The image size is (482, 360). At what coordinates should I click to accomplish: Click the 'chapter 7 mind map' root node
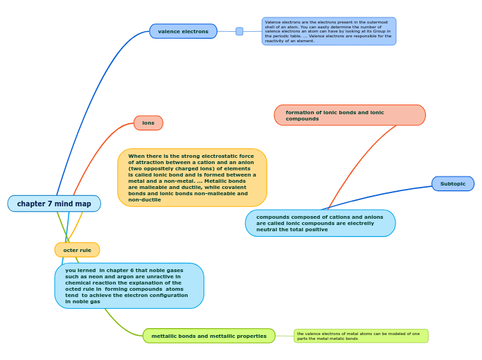[x=54, y=204]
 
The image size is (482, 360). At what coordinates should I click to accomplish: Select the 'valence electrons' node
[x=183, y=31]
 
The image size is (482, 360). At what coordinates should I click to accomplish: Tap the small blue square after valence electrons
[x=240, y=31]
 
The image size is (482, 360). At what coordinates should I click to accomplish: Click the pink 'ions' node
[x=148, y=123]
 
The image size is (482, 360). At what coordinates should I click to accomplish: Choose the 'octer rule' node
[x=77, y=250]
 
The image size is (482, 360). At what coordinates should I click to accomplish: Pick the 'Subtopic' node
[x=453, y=183]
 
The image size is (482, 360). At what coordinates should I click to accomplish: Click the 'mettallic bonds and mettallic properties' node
[x=208, y=336]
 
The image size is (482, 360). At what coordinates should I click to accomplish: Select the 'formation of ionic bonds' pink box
[x=350, y=115]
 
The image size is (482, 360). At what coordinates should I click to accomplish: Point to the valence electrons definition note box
[x=329, y=31]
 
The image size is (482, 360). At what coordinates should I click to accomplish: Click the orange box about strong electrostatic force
[x=192, y=177]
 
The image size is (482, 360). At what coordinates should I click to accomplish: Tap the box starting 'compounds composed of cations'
[x=320, y=223]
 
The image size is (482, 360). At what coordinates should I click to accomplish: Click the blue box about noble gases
[x=129, y=285]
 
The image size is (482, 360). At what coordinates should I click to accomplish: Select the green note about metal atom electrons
[x=361, y=336]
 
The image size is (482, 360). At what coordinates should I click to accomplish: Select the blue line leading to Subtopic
[x=388, y=193]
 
